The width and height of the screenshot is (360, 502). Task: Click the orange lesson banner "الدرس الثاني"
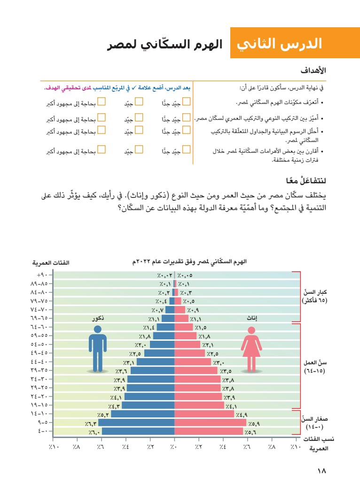(279, 43)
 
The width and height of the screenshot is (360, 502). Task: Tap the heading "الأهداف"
(313, 71)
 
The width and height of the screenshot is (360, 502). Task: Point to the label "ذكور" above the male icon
(98, 319)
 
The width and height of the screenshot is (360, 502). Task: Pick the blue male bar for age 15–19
(149, 405)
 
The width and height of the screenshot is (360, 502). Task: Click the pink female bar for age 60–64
(184, 327)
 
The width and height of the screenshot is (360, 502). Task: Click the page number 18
(321, 471)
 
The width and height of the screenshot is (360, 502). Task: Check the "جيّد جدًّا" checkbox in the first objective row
(186, 101)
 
